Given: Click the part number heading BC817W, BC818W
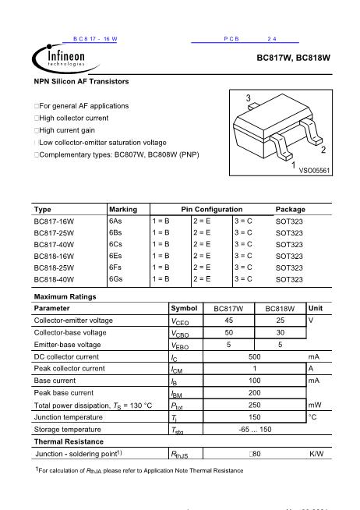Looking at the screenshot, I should [294, 58].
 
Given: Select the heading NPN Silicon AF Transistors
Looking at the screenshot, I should [82, 81].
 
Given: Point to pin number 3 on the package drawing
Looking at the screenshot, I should [248, 97].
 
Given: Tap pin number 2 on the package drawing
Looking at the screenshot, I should [323, 149].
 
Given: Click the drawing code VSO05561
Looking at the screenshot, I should [315, 169].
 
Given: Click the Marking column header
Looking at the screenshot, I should [123, 209].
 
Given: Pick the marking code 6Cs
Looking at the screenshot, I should [116, 244].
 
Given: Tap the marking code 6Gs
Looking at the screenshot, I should [116, 278].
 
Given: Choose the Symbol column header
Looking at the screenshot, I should [183, 308].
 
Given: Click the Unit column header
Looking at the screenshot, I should [316, 308].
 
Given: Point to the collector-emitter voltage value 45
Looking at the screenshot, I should [228, 320].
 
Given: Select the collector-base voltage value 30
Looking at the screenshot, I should [280, 332].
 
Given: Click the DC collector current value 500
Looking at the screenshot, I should [254, 356].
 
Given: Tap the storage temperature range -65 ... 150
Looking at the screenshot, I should [254, 429].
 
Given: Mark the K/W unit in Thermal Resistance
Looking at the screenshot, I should [316, 453].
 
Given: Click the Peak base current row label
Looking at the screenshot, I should [64, 393].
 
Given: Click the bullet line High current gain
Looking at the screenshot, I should [69, 130].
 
